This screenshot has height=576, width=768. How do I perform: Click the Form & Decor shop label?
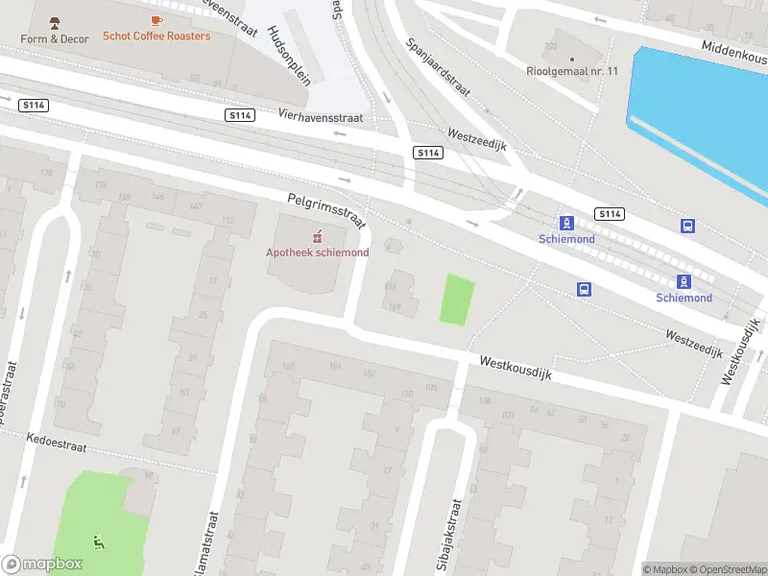click(x=55, y=38)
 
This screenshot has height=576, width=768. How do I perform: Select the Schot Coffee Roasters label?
click(x=156, y=36)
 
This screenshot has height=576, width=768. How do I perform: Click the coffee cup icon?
click(x=156, y=20)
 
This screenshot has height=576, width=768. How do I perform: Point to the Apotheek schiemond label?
click(x=317, y=252)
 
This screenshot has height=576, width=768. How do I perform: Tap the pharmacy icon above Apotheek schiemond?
click(x=318, y=236)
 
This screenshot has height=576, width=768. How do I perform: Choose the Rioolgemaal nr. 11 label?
click(x=572, y=69)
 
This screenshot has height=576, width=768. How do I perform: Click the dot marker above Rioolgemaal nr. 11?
click(x=572, y=58)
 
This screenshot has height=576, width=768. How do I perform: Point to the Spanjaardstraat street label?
click(x=438, y=67)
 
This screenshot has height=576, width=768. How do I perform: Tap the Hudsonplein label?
click(x=290, y=56)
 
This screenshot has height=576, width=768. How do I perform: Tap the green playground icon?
click(x=98, y=542)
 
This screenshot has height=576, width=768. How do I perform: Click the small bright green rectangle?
click(x=457, y=299)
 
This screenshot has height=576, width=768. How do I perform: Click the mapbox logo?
click(x=41, y=564)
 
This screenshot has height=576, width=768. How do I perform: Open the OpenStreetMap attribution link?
click(x=728, y=569)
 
